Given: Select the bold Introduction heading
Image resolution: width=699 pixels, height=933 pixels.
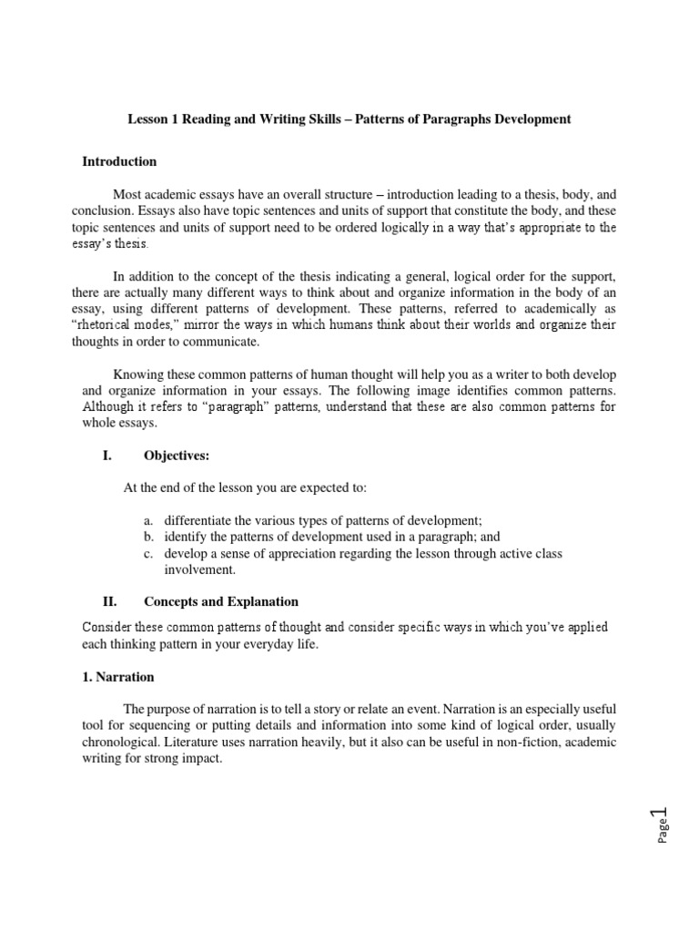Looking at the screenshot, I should pyautogui.click(x=119, y=161).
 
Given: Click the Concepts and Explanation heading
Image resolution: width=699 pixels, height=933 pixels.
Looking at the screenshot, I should pyautogui.click(x=221, y=601).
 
